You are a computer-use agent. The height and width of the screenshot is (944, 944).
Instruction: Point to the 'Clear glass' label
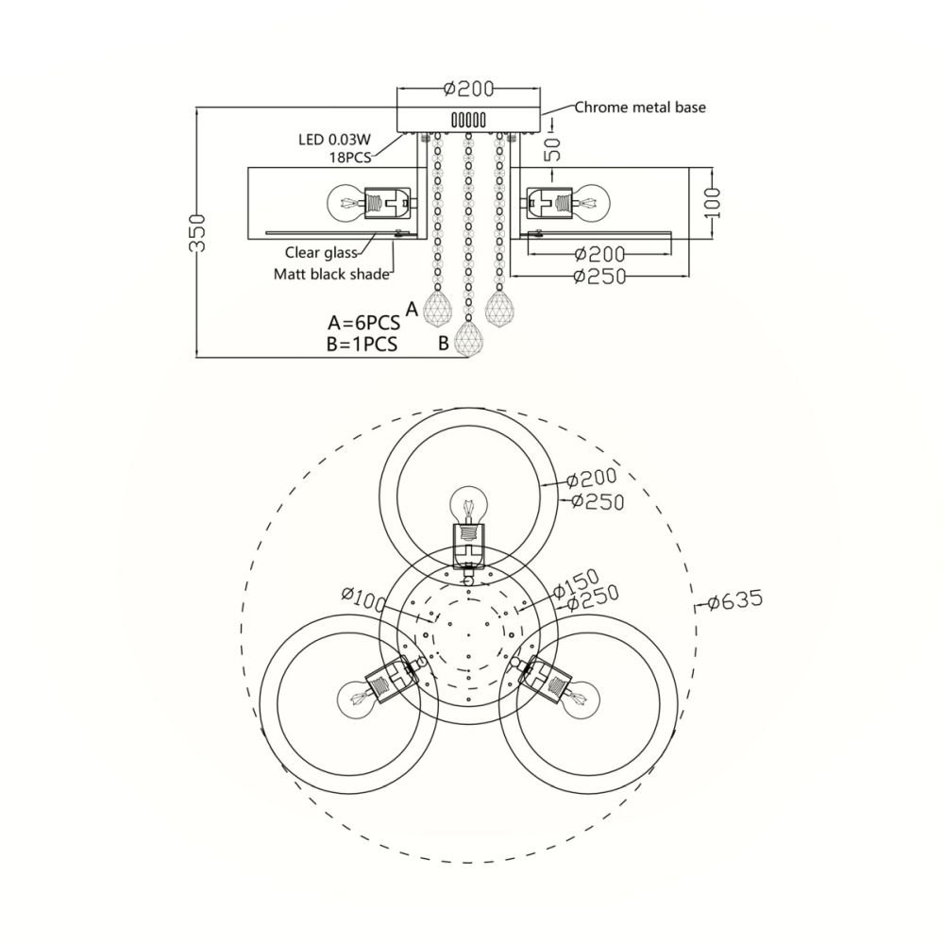(321, 253)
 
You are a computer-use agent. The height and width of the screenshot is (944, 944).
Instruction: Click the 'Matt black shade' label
(332, 275)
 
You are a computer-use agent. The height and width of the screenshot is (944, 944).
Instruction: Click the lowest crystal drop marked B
(468, 340)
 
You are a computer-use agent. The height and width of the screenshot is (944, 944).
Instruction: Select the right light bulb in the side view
(592, 200)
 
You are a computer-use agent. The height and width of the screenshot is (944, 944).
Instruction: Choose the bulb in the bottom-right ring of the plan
(582, 700)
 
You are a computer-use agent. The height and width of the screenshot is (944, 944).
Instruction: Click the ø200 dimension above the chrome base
(468, 90)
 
